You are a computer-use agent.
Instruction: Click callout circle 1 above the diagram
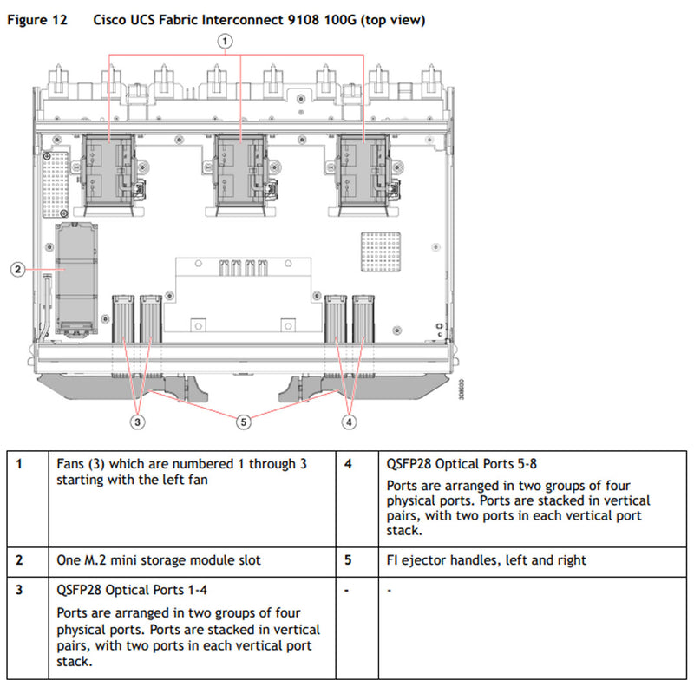(x=225, y=40)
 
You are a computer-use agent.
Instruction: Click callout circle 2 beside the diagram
(x=17, y=269)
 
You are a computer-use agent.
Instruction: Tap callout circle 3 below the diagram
(x=137, y=422)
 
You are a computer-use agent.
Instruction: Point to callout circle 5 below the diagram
(x=244, y=422)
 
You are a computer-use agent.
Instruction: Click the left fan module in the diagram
(x=108, y=173)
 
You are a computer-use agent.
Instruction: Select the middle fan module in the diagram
(x=239, y=173)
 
